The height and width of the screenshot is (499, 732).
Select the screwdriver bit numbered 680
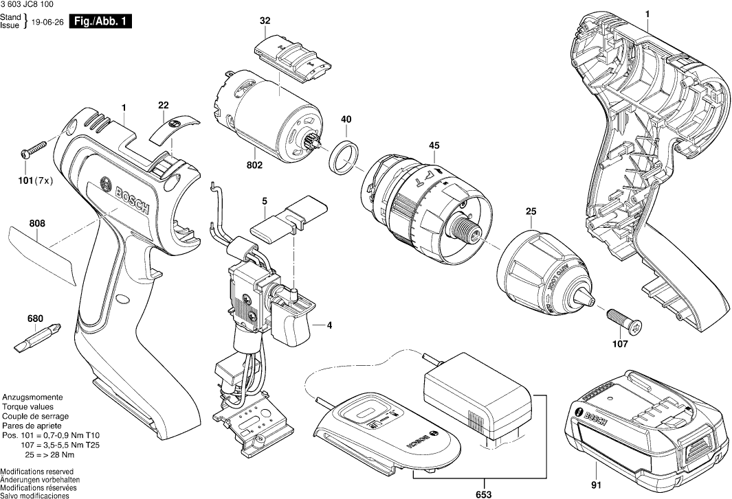tap(40, 336)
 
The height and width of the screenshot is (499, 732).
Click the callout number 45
tap(434, 146)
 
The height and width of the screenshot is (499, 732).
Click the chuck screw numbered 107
tap(624, 321)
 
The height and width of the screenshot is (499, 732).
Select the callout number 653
tap(483, 487)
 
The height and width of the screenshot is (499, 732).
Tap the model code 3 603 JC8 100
tap(29, 5)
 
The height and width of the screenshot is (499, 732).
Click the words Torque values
tap(27, 407)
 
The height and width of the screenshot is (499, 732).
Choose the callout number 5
tap(264, 201)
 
